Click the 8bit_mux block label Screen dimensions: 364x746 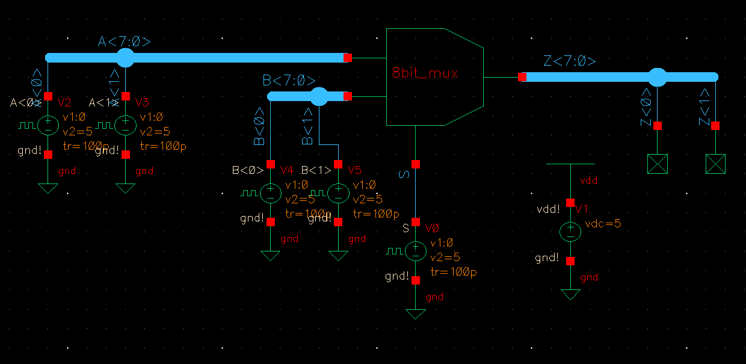click(x=425, y=74)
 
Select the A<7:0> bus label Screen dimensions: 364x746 click(x=124, y=42)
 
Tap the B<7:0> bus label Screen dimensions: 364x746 click(x=289, y=81)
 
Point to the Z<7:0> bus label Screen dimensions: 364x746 click(x=569, y=61)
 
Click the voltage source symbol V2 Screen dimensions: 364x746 click(x=48, y=125)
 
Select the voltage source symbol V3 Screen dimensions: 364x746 click(x=125, y=125)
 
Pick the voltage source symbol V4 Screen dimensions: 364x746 click(x=271, y=193)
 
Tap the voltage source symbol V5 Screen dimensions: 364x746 click(x=338, y=193)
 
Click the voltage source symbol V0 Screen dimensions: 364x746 click(x=415, y=251)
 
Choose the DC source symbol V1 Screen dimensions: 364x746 click(x=570, y=232)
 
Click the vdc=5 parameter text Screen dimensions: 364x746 click(x=603, y=224)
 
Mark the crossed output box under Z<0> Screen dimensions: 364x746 click(x=657, y=164)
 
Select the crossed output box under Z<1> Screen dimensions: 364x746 click(x=715, y=164)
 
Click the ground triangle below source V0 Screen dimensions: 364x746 click(x=415, y=314)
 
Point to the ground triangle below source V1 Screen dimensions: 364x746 click(x=570, y=294)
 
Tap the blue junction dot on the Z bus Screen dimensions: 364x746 click(x=657, y=77)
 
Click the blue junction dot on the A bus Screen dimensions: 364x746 click(x=125, y=58)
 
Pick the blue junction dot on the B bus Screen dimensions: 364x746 click(x=319, y=96)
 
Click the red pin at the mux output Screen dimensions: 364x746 click(x=522, y=77)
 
